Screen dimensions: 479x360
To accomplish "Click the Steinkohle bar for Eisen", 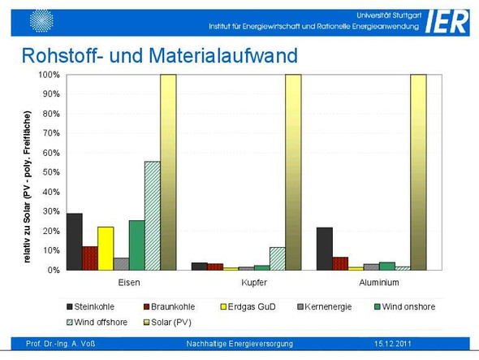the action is point(75,241).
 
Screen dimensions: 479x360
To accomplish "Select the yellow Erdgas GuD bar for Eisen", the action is point(106,249).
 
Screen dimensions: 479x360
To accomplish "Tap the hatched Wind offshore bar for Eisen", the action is point(153,215).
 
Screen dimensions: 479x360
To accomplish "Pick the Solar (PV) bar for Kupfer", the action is point(293,172).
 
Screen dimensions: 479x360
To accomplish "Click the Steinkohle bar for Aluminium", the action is point(325,249).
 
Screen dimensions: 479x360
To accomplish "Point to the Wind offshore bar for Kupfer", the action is point(278,258).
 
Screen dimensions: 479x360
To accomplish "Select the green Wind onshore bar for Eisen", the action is point(137,245).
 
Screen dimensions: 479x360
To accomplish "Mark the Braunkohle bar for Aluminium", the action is point(340,263).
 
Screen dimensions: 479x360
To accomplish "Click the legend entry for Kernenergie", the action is point(325,307).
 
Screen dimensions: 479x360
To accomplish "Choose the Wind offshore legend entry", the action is point(97,322).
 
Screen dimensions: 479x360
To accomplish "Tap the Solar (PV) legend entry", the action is point(167,323).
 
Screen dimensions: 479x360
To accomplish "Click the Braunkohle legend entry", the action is point(169,307).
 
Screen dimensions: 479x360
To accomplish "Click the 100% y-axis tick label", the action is point(49,75).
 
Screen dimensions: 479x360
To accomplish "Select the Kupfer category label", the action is point(254,282).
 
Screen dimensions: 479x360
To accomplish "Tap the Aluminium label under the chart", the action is point(379,282).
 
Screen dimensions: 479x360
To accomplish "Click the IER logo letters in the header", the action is point(446,21).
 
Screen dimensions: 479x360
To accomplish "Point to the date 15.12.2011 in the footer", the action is point(393,344).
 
